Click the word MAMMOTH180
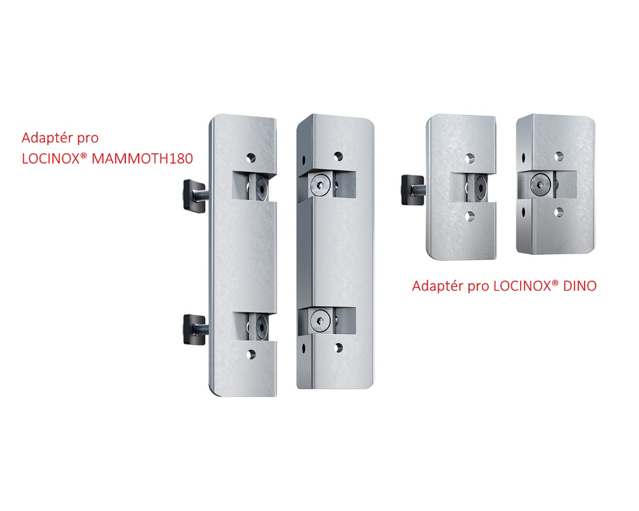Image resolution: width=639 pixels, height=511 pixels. pos(142,158)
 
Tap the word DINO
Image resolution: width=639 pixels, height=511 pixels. pos(580,286)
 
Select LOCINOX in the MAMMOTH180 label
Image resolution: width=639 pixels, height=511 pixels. pos(51,158)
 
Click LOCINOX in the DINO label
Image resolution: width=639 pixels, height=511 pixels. pos(522,286)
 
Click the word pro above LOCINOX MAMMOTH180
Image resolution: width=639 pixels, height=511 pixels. pos(88,139)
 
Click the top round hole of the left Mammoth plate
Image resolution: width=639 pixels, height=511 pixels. pos(251,158)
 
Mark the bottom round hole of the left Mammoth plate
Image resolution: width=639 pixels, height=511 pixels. pos(251,355)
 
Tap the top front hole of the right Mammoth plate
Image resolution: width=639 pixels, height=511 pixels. pos(338,156)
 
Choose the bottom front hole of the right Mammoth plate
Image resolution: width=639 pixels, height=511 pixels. pos(338,347)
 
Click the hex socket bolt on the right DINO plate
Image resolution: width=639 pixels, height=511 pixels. pos(541,184)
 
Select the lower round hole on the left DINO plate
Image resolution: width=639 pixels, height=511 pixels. pos(470,216)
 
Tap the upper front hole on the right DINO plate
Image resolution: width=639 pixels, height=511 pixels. pos(559,156)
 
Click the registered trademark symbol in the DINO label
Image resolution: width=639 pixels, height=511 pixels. pos(555,282)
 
